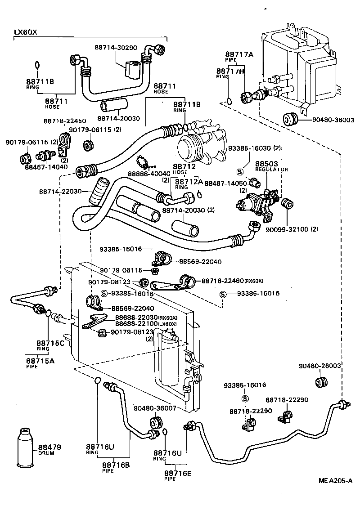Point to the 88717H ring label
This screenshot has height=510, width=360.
pyautogui.click(x=230, y=71)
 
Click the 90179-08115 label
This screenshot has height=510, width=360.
pyautogui.click(x=121, y=270)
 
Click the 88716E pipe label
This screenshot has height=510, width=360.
pyautogui.click(x=177, y=473)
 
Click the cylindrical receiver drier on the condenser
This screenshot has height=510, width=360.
pyautogui.click(x=169, y=358)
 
